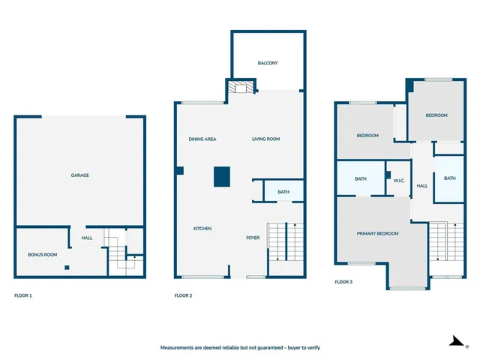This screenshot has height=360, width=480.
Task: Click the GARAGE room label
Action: pyautogui.click(x=80, y=175)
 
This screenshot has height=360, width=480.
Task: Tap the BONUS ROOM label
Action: pyautogui.click(x=43, y=255)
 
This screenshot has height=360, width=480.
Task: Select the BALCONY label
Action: pyautogui.click(x=268, y=63)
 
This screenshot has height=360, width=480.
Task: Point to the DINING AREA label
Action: pyautogui.click(x=202, y=139)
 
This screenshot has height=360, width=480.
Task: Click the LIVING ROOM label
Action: pyautogui.click(x=265, y=139)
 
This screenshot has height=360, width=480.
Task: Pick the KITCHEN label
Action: pyautogui.click(x=202, y=229)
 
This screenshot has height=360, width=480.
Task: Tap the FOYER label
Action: pyautogui.click(x=253, y=238)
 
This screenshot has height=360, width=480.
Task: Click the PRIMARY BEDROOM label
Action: pyautogui.click(x=377, y=233)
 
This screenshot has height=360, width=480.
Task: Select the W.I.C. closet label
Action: pyautogui.click(x=399, y=179)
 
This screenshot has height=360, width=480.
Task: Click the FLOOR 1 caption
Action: pyautogui.click(x=23, y=296)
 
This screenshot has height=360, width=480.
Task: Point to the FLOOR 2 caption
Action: pyautogui.click(x=184, y=296)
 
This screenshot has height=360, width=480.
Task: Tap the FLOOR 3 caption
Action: pyautogui.click(x=343, y=283)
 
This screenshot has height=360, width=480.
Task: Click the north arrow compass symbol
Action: pyautogui.click(x=455, y=341)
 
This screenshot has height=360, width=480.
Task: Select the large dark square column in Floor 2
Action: pyautogui.click(x=221, y=177)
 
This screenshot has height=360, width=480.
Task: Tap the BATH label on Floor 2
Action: pyautogui.click(x=283, y=192)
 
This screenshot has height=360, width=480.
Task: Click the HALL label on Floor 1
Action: pyautogui.click(x=87, y=240)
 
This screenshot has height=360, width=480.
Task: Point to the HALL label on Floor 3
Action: pyautogui.click(x=422, y=186)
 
